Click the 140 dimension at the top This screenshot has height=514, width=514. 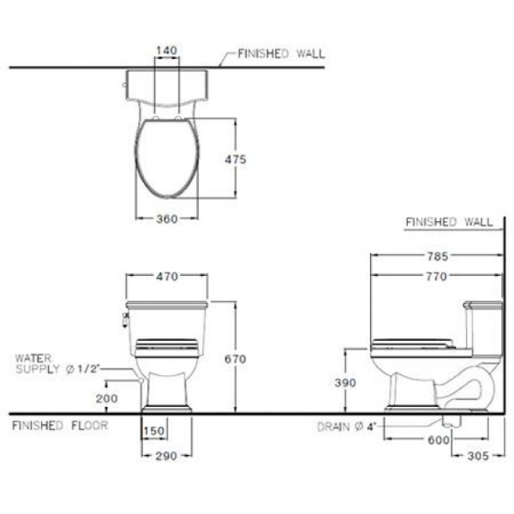pyautogui.click(x=167, y=51)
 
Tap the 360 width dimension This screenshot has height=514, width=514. pyautogui.click(x=167, y=219)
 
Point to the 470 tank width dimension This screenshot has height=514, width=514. pyautogui.click(x=167, y=277)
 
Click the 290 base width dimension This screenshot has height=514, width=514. pyautogui.click(x=166, y=456)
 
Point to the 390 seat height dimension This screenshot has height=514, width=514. pyautogui.click(x=345, y=384)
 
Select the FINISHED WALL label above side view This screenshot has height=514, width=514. pyautogui.click(x=449, y=223)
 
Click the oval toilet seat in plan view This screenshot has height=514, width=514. pyautogui.click(x=167, y=163)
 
